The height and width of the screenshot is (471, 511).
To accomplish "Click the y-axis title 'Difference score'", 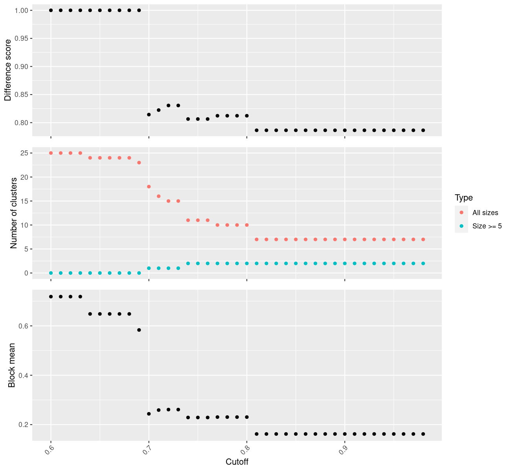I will tap(8, 70).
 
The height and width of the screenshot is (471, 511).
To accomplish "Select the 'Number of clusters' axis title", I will tap(14, 213).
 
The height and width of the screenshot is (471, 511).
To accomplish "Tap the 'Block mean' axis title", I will tap(12, 365).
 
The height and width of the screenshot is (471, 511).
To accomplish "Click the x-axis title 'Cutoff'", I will tap(237, 462).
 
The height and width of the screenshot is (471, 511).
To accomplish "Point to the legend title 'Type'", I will tap(463, 198).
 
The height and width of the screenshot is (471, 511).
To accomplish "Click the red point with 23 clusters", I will tap(139, 162).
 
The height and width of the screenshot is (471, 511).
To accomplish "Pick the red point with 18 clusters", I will tap(149, 186).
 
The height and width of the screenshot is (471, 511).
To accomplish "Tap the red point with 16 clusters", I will tap(159, 196).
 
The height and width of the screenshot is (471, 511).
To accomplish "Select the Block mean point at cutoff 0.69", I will tap(139, 330).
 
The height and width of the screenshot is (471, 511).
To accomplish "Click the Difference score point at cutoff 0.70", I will tap(149, 115).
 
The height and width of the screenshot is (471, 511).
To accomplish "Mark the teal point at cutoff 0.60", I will tap(51, 273).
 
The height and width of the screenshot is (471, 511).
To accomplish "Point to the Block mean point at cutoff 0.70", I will tap(149, 414).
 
